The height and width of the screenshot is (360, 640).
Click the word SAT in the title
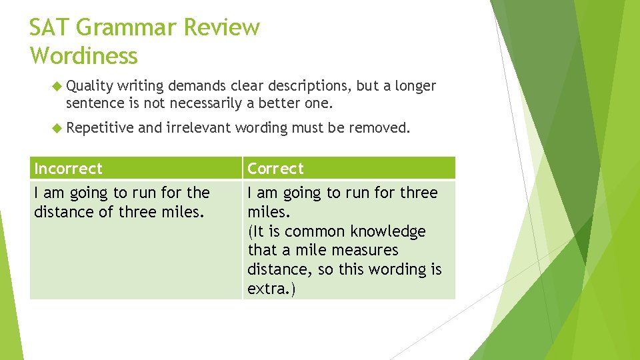click(x=50, y=28)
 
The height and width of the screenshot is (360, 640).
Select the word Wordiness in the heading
click(x=83, y=56)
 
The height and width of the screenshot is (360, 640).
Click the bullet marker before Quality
click(x=56, y=86)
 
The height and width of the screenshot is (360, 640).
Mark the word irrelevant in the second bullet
click(x=198, y=128)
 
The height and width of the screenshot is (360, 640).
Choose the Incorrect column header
click(x=69, y=169)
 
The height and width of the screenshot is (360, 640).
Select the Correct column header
click(x=275, y=169)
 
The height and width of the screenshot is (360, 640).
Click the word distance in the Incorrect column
click(x=61, y=212)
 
